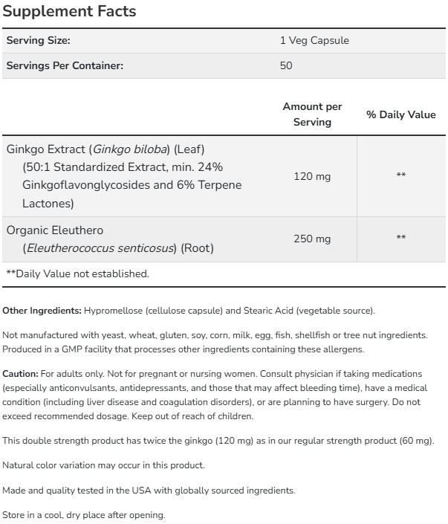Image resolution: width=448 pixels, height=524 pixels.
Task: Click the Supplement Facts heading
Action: [x=71, y=13]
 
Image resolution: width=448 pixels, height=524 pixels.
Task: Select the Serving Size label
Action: [x=38, y=41]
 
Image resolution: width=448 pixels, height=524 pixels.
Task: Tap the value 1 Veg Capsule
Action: [x=314, y=41]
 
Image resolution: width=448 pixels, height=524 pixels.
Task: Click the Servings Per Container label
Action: [x=65, y=65]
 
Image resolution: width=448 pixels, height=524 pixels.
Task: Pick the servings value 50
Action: [x=286, y=65]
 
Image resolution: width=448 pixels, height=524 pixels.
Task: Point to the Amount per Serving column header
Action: [x=312, y=114]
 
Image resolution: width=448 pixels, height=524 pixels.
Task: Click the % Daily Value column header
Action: [x=401, y=115]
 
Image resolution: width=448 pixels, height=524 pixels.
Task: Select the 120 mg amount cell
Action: [x=312, y=176]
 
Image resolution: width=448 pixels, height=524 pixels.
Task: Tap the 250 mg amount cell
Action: [x=312, y=239]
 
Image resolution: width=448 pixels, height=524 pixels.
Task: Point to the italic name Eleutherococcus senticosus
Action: [x=100, y=247]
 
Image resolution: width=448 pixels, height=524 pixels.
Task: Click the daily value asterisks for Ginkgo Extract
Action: [x=401, y=176]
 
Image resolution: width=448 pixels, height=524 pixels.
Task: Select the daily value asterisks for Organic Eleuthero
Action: [x=401, y=239]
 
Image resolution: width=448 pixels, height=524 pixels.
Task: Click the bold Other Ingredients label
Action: [x=42, y=310]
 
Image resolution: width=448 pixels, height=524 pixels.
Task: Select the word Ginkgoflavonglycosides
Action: [x=79, y=184]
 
